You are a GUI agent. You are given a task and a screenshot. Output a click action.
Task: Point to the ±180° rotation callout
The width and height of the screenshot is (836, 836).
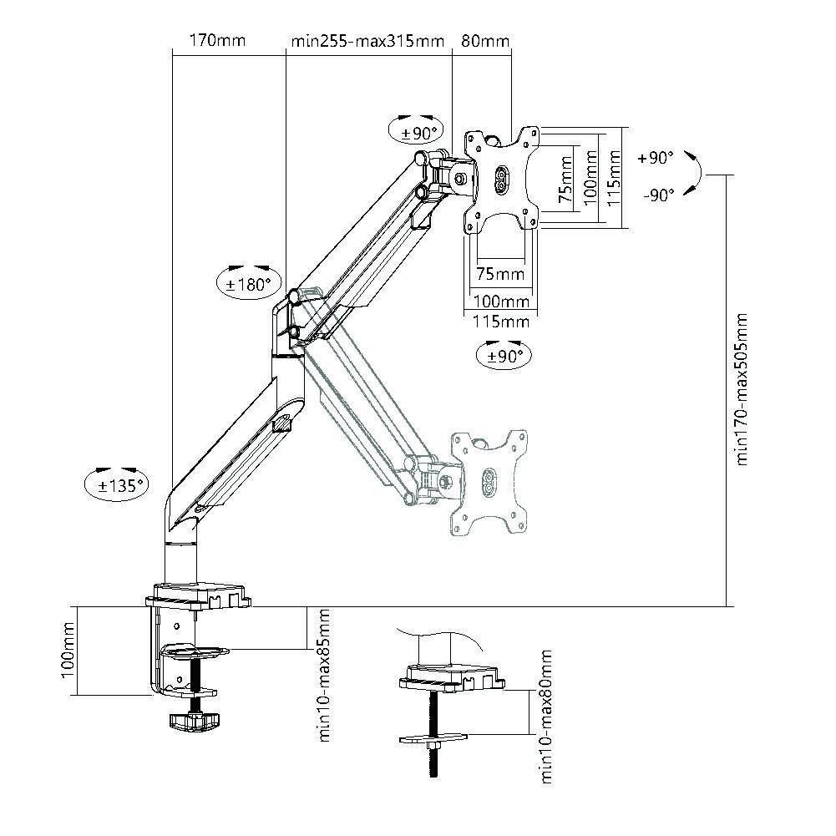click(249, 283)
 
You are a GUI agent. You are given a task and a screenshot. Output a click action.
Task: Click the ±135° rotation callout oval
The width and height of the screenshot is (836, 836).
click(116, 484)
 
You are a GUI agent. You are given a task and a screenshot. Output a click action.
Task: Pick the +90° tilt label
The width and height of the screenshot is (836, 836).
click(655, 157)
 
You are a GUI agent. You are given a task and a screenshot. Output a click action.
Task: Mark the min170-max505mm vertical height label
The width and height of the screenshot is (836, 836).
click(741, 388)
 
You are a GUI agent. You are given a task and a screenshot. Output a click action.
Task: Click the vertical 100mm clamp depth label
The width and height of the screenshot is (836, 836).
click(69, 650)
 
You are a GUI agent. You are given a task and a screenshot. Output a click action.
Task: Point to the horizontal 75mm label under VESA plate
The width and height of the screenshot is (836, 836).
click(500, 274)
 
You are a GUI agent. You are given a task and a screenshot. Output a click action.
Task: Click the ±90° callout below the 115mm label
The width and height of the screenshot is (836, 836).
click(504, 355)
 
